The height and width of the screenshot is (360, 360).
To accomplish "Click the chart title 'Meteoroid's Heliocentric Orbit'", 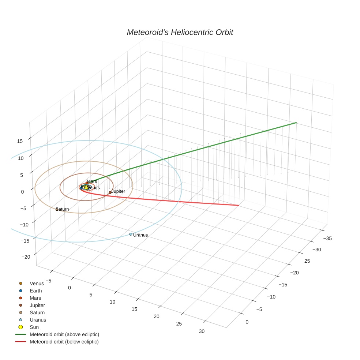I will [x=180, y=33].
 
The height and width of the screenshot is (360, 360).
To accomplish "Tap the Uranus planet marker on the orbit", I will [x=131, y=234].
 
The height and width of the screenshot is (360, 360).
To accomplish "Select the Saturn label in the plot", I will [x=63, y=209].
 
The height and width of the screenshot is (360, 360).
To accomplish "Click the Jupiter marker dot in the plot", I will [x=110, y=192].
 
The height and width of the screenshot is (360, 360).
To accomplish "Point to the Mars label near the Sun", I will [x=92, y=181].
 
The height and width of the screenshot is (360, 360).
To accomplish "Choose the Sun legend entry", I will [x=34, y=327].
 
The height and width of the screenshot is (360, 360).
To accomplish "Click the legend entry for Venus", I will [x=37, y=283].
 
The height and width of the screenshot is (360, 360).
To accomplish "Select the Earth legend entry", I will [x=35, y=290].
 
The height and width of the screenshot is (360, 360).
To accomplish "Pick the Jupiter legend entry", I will [x=37, y=305].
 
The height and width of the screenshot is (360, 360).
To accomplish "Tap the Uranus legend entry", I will [x=38, y=320].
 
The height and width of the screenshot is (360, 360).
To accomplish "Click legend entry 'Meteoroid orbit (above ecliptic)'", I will [x=64, y=334].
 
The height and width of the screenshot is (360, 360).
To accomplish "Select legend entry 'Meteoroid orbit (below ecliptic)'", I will [x=64, y=342].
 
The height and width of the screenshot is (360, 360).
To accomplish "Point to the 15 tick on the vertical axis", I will [x=20, y=141].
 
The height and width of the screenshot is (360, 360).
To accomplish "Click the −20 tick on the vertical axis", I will [x=26, y=257].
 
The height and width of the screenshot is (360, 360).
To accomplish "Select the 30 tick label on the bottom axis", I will [x=202, y=331].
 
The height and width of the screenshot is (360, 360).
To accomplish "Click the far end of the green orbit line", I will [x=296, y=123].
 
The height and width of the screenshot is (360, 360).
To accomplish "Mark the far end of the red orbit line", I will [x=239, y=205].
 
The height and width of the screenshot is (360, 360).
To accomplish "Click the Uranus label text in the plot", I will [x=140, y=235].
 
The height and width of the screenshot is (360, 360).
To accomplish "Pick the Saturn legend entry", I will [x=37, y=312].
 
